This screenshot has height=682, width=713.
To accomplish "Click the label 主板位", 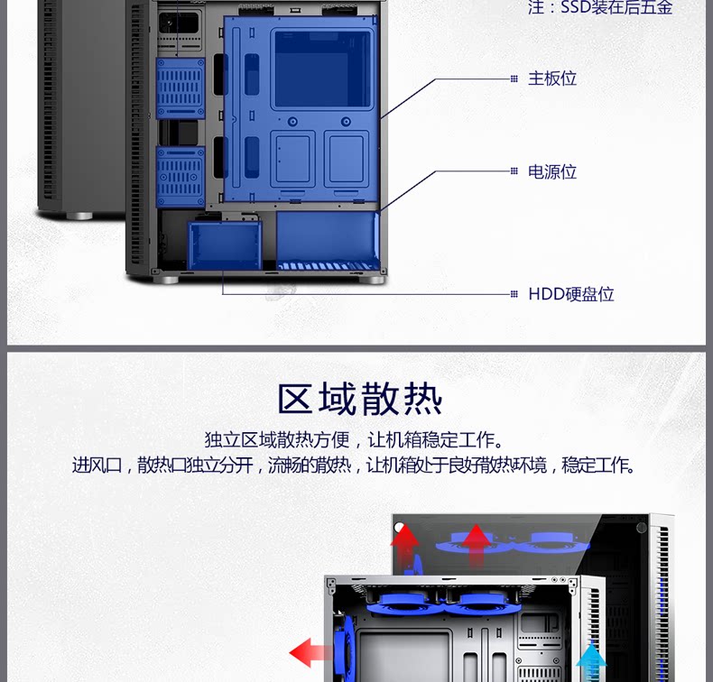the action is pos(552,78).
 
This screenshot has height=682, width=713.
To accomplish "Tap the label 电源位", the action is pos(552,171).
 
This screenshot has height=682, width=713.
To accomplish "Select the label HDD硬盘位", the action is pos(571,294).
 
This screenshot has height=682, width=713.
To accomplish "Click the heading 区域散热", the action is pos(360,399).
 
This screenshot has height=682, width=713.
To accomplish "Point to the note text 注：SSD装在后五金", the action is pos(600,8).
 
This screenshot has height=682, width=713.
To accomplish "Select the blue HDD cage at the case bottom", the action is pos(224,244).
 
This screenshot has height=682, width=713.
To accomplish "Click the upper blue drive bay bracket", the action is pos(181,88).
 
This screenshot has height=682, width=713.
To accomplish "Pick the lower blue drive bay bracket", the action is pos(181,177).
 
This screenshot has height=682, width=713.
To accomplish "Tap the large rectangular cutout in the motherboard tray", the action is pos(321,68).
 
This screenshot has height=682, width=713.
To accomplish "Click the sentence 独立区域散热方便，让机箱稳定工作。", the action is pos(353,440).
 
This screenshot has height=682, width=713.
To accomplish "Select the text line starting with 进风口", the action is pos(353,465).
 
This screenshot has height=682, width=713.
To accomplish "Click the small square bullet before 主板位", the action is pos(514,78).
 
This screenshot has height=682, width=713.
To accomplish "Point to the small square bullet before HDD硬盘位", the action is pos(514,294).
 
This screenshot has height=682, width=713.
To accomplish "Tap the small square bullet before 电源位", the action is pos(514,171).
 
